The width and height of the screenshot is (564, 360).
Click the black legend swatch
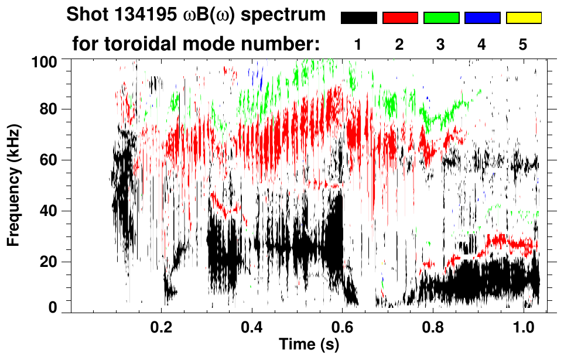tap(358, 18)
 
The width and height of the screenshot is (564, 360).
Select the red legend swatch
tap(400, 18)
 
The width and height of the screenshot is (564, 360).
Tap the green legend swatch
tap(441, 18)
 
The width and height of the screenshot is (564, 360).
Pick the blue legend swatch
tap(482, 18)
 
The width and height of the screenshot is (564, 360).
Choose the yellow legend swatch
tap(523, 18)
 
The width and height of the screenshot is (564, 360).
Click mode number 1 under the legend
tap(358, 44)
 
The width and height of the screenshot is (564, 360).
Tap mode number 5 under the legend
tap(523, 44)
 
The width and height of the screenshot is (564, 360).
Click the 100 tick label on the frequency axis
tap(44, 61)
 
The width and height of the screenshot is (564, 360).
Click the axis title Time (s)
tap(308, 345)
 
